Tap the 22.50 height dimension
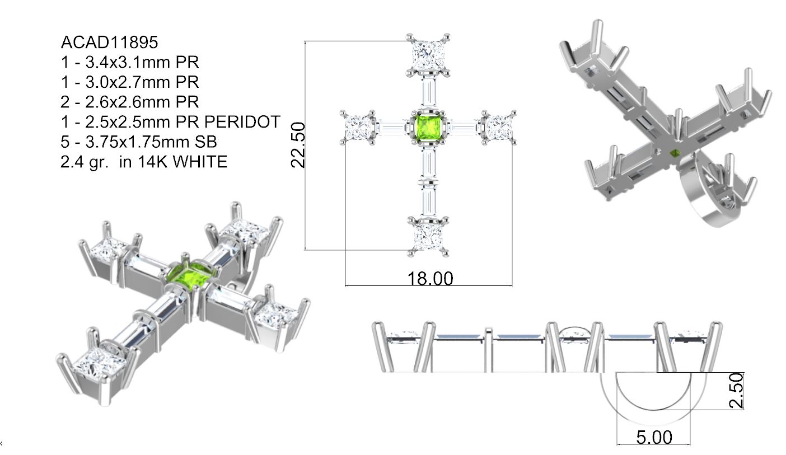coord(298,145)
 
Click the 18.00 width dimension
coord(430,278)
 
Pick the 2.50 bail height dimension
coord(738,391)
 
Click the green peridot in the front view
coord(428,126)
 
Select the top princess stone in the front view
coord(428,54)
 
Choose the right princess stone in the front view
coord(499,128)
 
